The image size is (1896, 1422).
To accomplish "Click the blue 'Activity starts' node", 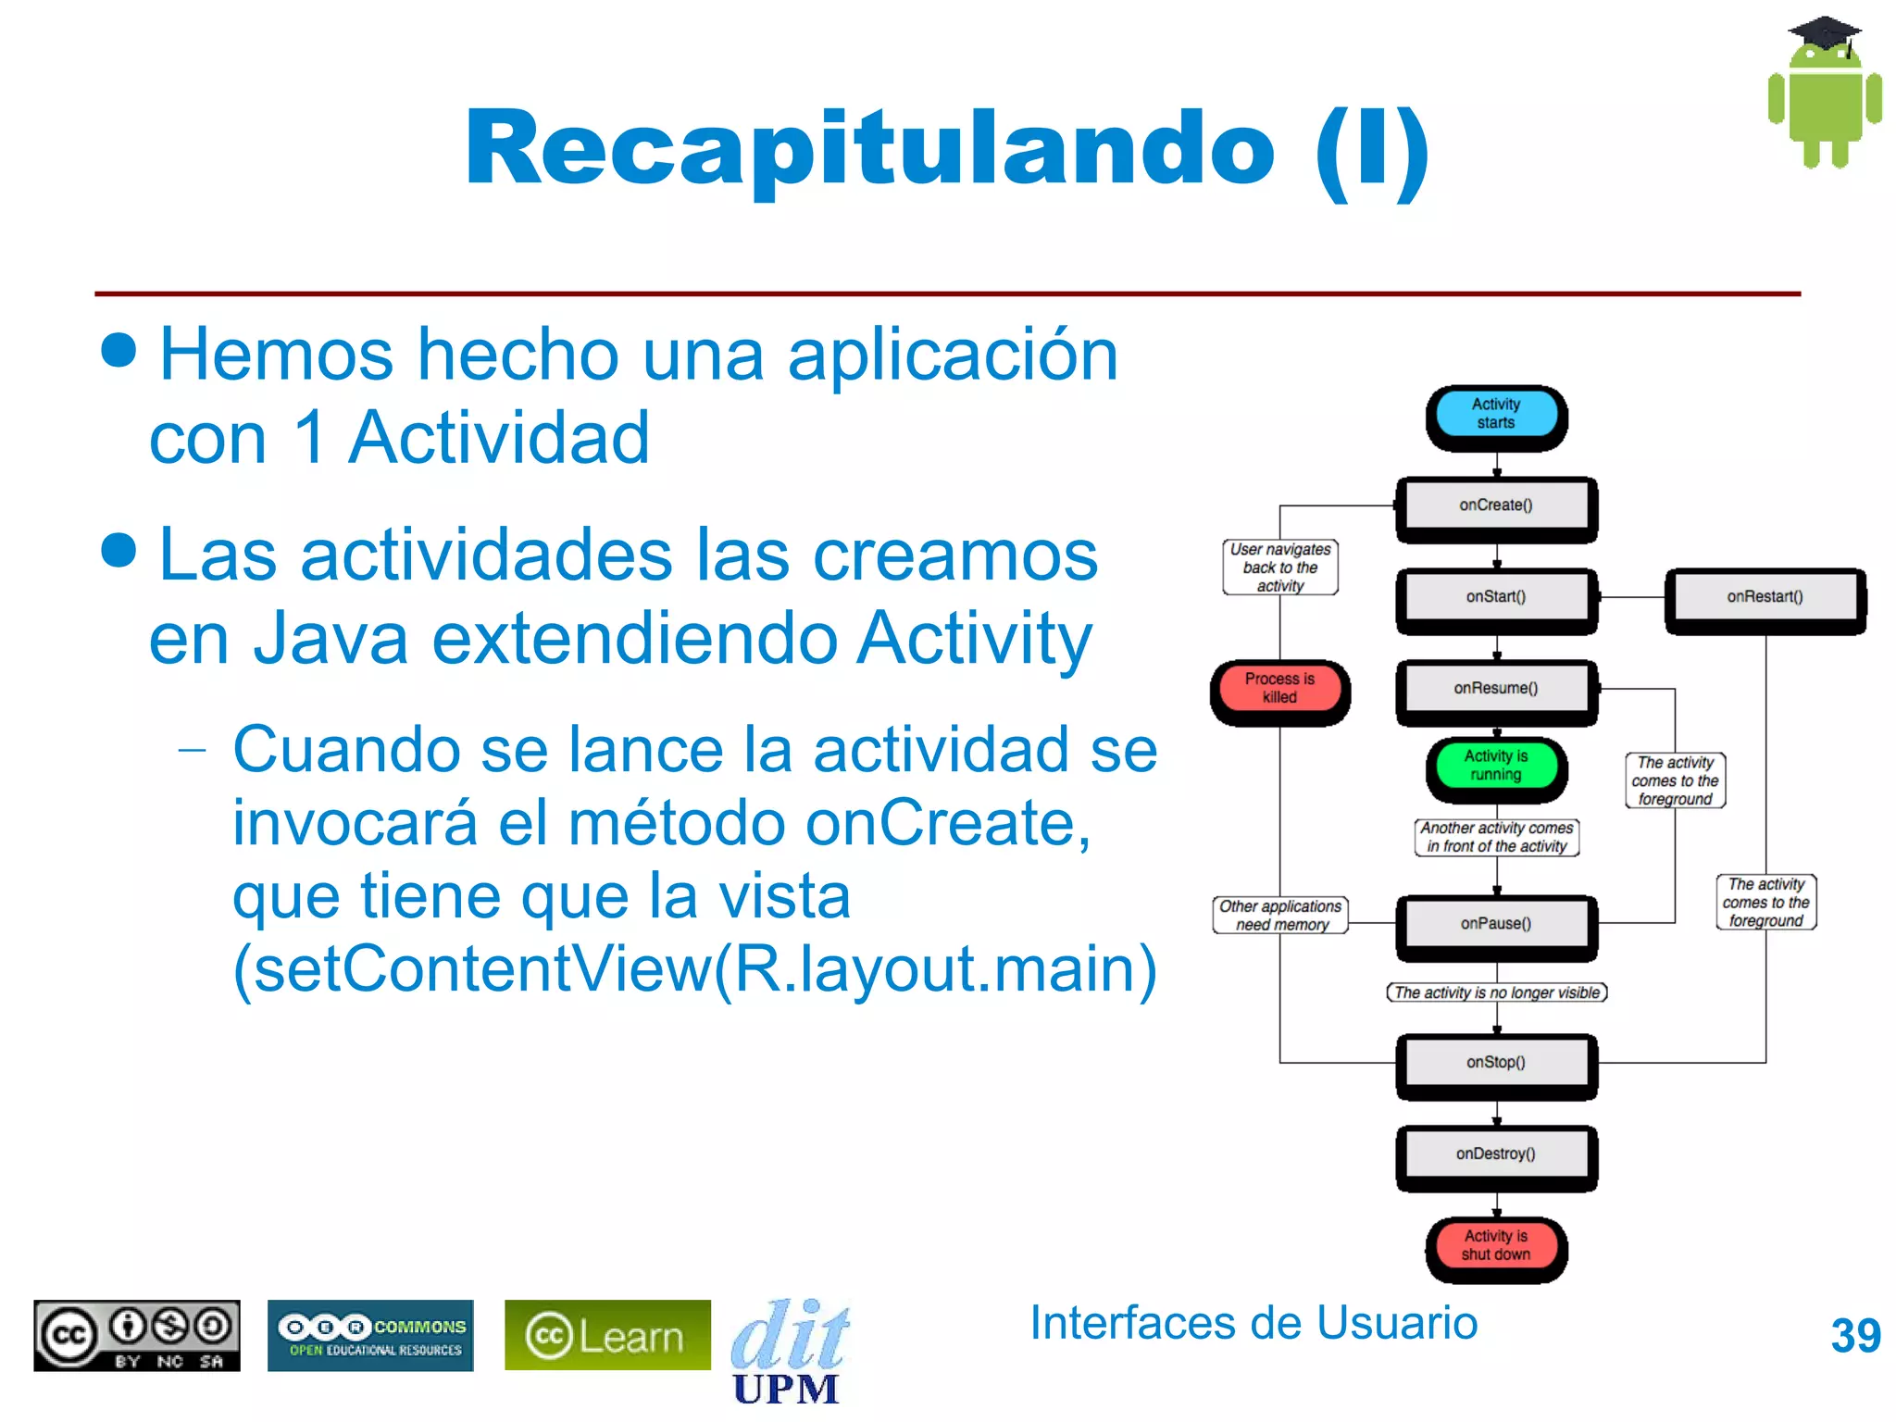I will pos(1496,414).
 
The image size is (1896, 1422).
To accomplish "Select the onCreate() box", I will pos(1496,505).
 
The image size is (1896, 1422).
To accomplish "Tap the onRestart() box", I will pos(1765,597).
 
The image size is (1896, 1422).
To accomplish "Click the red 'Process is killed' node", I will pos(1279,688).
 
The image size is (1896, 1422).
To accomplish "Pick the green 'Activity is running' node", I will pos(1496,766).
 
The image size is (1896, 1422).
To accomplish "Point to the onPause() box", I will pos(1496,924).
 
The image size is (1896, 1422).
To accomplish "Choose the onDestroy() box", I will pos(1496,1154).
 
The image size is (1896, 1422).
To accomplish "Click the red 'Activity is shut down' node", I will pos(1496,1246).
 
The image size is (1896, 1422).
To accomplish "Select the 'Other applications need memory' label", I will pos(1280,916).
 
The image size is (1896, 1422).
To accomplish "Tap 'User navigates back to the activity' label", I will pos(1280,568).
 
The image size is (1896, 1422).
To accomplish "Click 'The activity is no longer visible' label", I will pos(1496,993).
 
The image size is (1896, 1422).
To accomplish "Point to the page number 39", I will pos(1855,1336).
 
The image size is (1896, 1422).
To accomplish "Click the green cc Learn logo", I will pos(607,1336).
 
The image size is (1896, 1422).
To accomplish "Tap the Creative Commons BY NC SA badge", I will pos(137,1336).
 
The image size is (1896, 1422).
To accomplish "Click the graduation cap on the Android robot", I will pos(1824,33).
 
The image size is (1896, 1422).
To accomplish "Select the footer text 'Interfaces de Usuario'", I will pos(1254,1323).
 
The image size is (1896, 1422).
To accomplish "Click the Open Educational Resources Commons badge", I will pos(371,1336).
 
